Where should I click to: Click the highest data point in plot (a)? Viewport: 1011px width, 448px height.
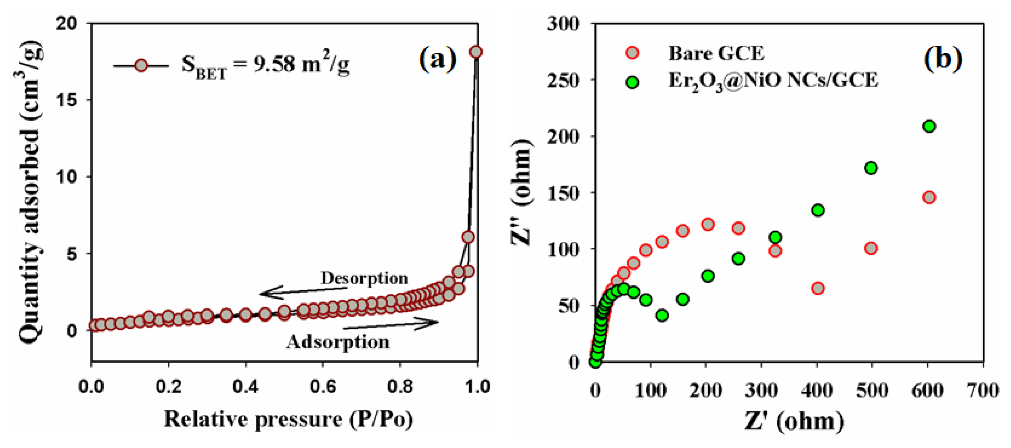pos(476,52)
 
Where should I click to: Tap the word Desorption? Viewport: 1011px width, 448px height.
pos(364,278)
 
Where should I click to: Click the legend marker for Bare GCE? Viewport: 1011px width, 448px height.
pos(632,53)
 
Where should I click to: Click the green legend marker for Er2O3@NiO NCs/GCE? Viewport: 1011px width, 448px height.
pos(632,82)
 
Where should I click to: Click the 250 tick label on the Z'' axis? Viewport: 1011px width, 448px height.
pos(563,81)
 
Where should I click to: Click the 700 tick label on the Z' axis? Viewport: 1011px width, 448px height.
pos(983,390)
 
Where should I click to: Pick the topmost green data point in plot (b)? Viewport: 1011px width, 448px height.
pos(929,126)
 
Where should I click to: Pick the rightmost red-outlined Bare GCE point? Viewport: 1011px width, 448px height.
pos(929,197)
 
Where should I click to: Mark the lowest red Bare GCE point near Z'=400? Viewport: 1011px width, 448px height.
pos(818,288)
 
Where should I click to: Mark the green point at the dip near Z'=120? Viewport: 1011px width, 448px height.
pos(662,315)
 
